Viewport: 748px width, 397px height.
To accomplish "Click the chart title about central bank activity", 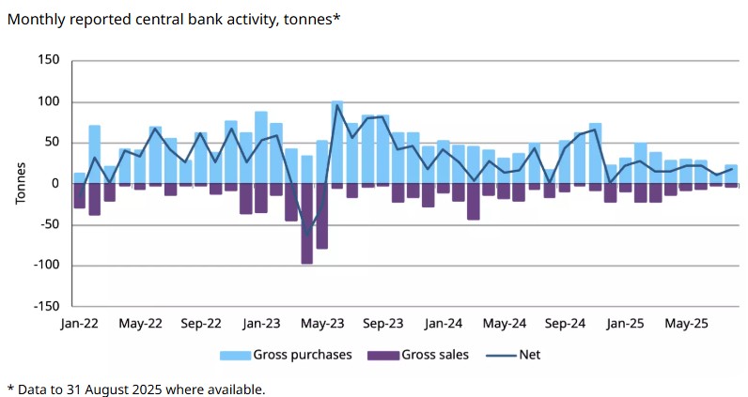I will pos(174,19).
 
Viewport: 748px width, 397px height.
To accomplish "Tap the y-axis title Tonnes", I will pos(20,184).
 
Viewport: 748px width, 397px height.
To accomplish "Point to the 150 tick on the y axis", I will pos(47,60).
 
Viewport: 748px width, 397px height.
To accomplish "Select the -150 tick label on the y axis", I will pos(43,306).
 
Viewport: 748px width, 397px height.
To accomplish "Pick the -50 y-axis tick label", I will pos(47,224).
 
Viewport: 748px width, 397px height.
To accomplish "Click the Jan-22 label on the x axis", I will pos(80,324).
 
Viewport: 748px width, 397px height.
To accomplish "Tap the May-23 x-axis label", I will pos(322,324).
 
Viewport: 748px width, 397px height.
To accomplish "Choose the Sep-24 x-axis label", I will pos(566,324).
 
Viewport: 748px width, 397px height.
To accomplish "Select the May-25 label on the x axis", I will pos(687,324).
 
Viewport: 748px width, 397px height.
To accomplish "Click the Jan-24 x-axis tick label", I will pos(444,324).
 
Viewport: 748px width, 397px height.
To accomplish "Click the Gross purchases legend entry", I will pos(287,355).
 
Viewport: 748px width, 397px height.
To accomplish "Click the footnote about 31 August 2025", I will pos(136,388).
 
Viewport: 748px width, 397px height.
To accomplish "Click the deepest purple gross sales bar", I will pos(306,223).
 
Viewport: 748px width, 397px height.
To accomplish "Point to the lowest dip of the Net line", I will pos(306,234).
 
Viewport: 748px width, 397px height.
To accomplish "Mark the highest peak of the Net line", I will pos(336,104).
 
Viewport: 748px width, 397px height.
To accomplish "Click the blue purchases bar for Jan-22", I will pos(80,177).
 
